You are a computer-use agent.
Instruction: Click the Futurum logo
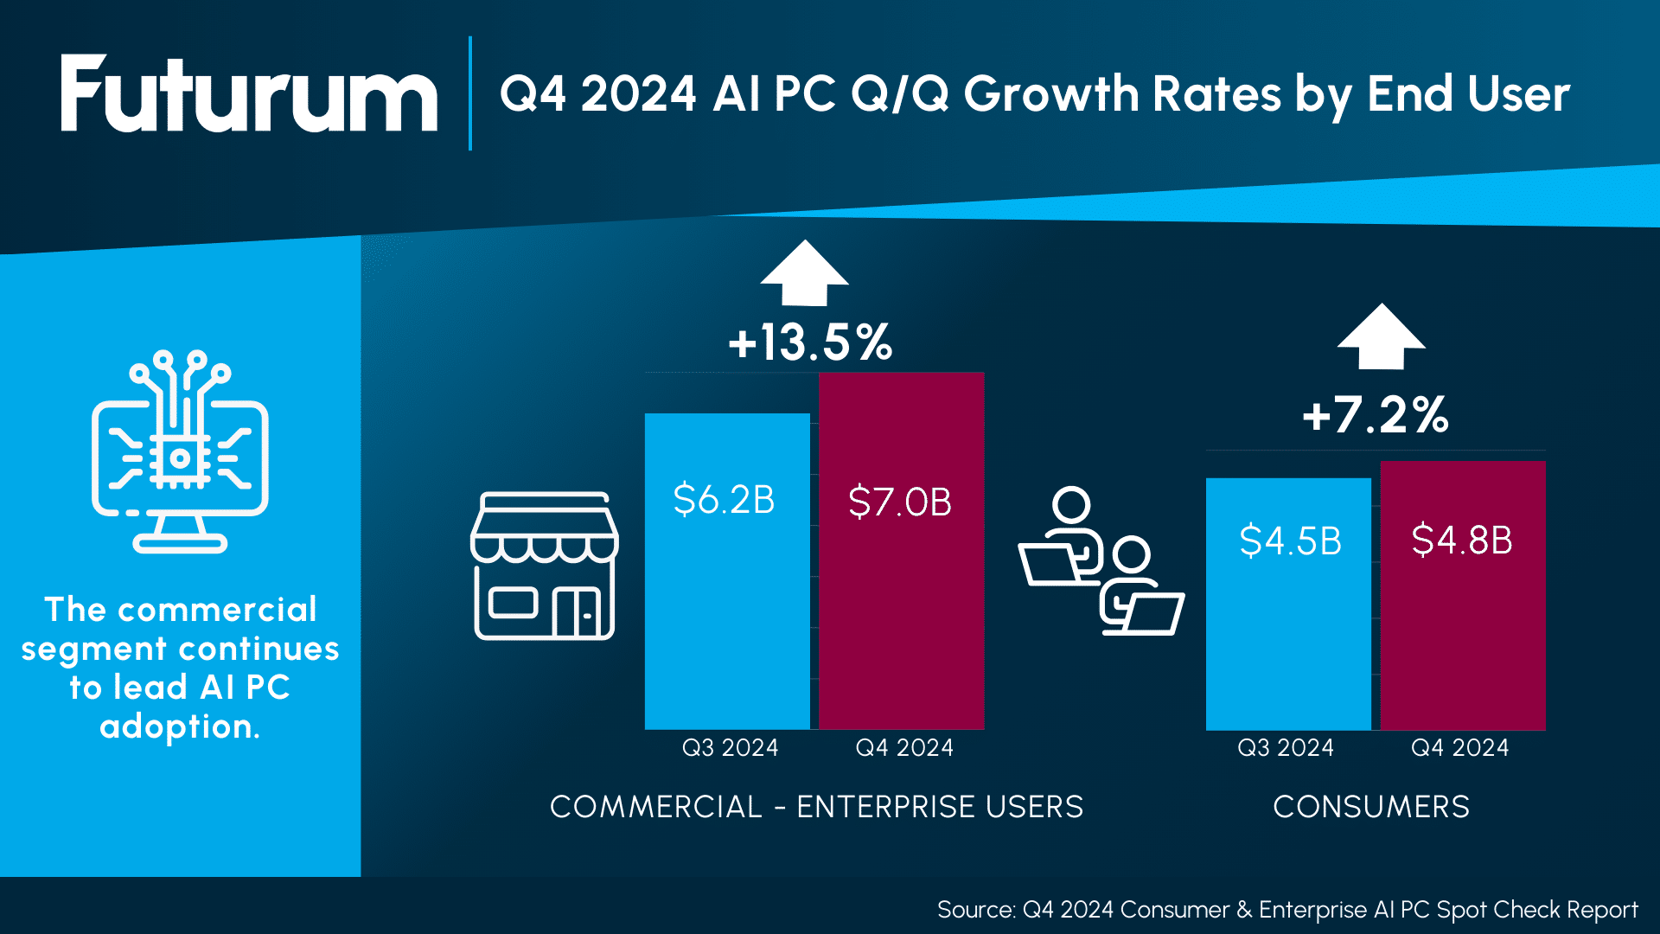[249, 95]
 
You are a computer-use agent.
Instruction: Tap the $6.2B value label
[724, 500]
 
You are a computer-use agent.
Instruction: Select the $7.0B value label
[900, 502]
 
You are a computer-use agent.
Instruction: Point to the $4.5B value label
[1290, 541]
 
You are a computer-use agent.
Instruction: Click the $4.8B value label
[1462, 541]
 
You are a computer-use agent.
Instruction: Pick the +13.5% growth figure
[810, 342]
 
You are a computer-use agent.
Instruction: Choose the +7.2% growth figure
[1376, 415]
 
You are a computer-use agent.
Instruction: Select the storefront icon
[545, 566]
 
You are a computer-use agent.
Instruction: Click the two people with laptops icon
[1101, 562]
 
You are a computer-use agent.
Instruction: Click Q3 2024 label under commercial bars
[730, 748]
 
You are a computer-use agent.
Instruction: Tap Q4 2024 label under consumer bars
[1459, 748]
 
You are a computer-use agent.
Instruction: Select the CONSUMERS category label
[1371, 807]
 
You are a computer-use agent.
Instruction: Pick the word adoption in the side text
[179, 726]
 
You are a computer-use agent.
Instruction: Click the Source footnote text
[1286, 910]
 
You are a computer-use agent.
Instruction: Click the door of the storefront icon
[577, 613]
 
